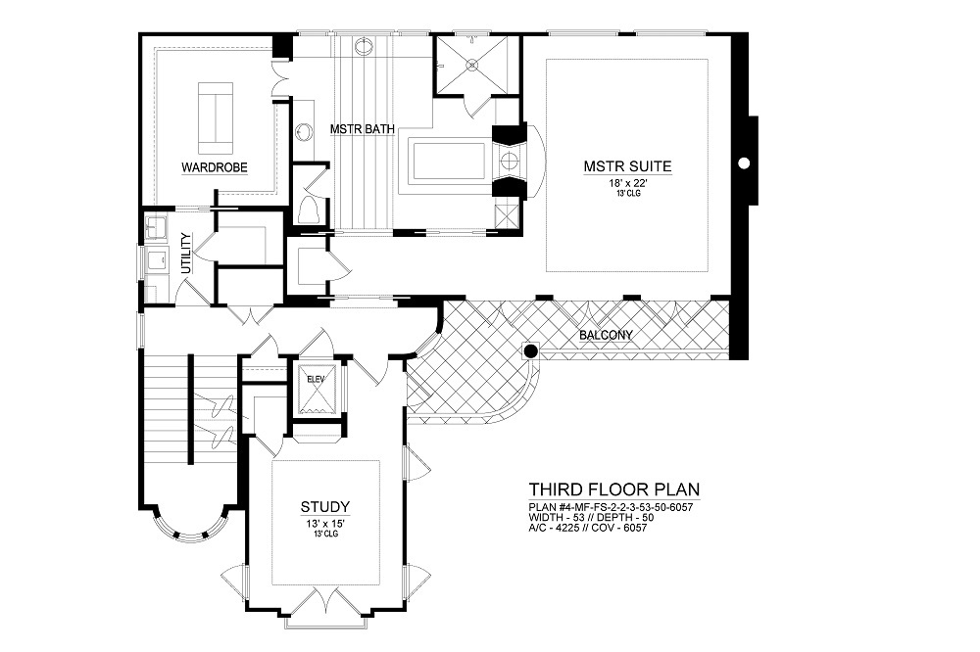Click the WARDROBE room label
point(215,167)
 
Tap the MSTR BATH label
point(363,129)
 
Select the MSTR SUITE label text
point(627,166)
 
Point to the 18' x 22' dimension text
point(627,184)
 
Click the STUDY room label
point(325,506)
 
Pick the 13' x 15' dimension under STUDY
point(324,524)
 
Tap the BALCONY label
point(606,335)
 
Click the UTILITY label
point(185,253)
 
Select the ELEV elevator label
point(315,379)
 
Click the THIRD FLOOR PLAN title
point(614,489)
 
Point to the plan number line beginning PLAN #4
point(611,507)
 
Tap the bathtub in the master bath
point(447,162)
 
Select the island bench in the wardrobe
point(216,118)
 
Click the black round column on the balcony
point(530,350)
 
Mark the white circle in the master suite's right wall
point(743,163)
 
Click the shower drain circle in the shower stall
point(473,63)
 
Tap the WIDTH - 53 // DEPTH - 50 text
point(591,518)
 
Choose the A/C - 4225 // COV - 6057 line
point(587,528)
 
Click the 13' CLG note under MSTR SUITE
point(627,194)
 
